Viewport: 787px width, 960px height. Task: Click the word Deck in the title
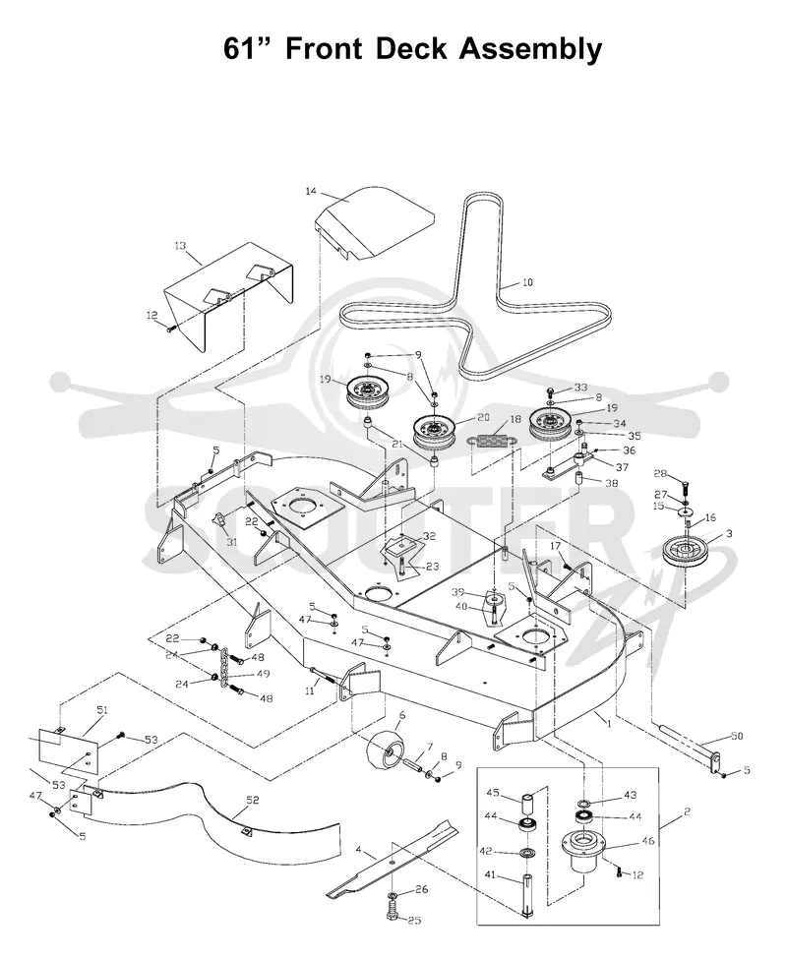411,49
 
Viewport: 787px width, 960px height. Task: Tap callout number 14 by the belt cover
311,192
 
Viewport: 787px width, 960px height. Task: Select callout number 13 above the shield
180,246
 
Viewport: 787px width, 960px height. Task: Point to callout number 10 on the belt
527,282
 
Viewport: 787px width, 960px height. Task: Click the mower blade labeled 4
392,855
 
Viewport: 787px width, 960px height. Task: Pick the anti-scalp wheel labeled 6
383,748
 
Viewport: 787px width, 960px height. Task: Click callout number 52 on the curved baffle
252,800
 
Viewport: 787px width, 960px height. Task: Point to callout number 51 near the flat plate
102,710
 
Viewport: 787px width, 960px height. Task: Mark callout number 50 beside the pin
738,736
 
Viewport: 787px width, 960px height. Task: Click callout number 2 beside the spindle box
687,811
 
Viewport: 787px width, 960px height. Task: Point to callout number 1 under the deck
609,724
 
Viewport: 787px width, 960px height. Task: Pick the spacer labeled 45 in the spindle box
528,804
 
